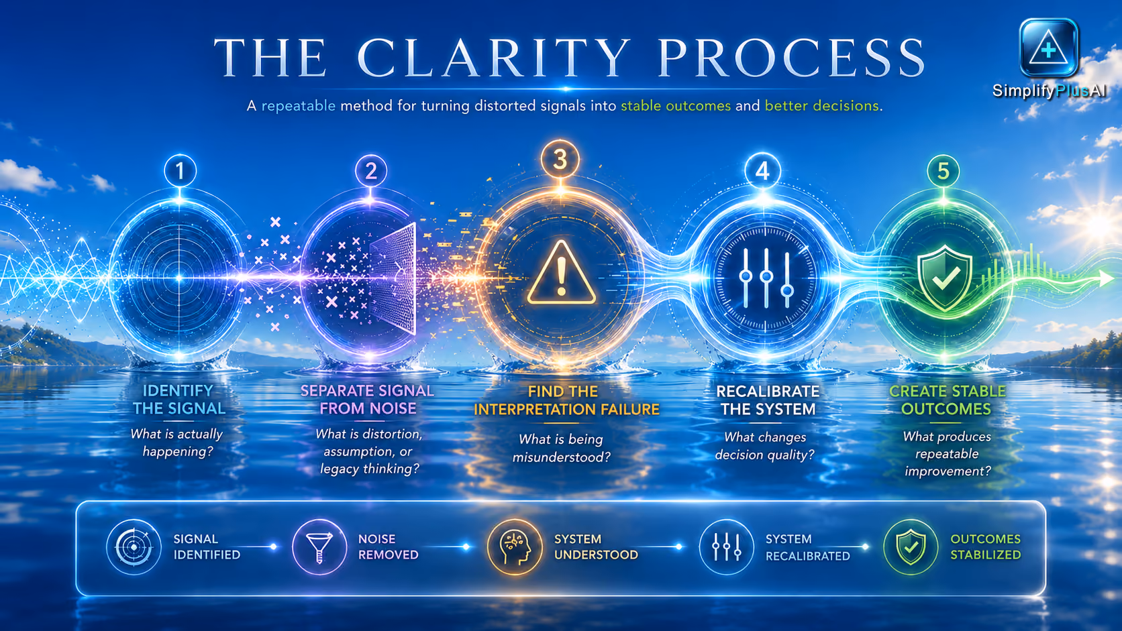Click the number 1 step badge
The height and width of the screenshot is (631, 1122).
(x=180, y=170)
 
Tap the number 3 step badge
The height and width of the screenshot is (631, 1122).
(x=560, y=160)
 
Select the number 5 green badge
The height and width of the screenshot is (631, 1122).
(x=943, y=171)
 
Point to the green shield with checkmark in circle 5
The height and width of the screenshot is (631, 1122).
(x=945, y=278)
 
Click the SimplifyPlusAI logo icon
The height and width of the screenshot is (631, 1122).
(x=1048, y=48)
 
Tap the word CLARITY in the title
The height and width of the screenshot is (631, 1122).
(x=494, y=58)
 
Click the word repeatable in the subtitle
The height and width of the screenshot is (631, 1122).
(x=299, y=106)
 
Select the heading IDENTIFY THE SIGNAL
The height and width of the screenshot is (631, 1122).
(x=178, y=400)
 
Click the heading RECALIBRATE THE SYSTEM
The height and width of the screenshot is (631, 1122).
(x=768, y=400)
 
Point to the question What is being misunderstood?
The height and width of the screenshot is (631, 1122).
(x=562, y=448)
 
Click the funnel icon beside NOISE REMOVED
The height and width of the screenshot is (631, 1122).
(x=319, y=547)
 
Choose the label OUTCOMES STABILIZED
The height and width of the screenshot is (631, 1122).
(x=985, y=547)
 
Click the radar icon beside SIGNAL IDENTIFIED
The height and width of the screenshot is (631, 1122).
(x=134, y=547)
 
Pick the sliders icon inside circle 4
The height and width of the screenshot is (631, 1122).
(x=766, y=278)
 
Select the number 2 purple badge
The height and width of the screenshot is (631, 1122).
(x=370, y=171)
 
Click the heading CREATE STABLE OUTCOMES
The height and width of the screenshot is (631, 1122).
(x=947, y=400)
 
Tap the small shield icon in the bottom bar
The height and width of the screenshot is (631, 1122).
(x=911, y=547)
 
